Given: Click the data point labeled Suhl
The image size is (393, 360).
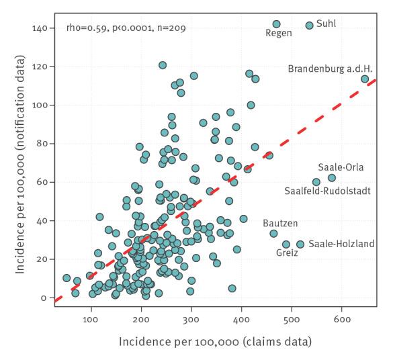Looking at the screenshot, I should coord(310,26).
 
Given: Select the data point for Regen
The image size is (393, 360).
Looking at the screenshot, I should coord(277,24).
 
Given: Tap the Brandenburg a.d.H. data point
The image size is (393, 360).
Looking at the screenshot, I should coord(365,79).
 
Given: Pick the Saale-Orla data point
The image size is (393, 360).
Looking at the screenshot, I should coord(332,178).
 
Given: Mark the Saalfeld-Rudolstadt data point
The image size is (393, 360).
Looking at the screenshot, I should coord(316,182).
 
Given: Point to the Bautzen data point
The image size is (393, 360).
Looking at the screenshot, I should coord(273,234).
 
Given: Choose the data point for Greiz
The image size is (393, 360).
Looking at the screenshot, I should coord(286,244).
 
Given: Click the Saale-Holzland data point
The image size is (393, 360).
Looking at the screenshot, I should coord(300,244).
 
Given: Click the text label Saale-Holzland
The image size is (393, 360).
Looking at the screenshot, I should coord(341,244).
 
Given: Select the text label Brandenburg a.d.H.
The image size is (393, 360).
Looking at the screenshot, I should coord(330,69).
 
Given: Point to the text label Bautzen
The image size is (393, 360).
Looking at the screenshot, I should coord(280,223).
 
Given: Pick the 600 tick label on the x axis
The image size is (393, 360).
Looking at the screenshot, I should coord(342,320).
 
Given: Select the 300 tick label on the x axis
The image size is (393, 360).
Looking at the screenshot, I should coord(191,320).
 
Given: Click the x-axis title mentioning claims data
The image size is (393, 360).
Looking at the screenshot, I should coord(215,342).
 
